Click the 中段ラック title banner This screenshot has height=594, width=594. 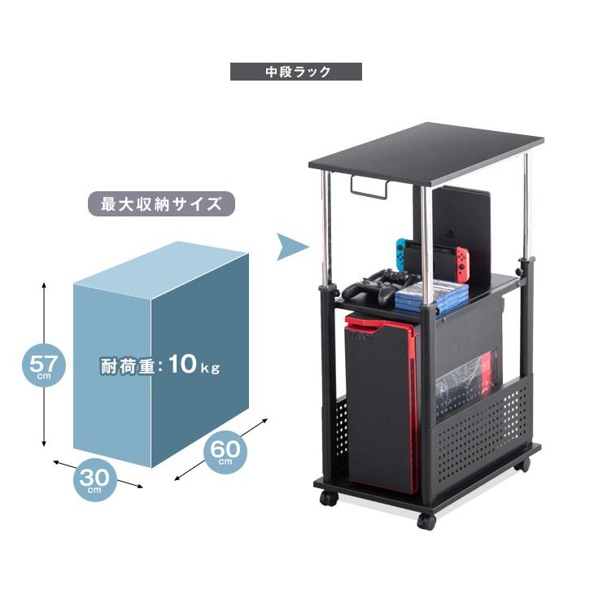(x=296, y=72)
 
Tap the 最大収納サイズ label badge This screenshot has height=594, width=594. (x=161, y=203)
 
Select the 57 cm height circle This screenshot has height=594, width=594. (x=44, y=365)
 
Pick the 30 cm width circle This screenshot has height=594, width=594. (x=94, y=479)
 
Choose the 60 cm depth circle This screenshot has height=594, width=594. (x=225, y=452)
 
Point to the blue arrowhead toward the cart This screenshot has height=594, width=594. (x=292, y=247)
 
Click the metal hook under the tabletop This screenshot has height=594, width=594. (x=369, y=187)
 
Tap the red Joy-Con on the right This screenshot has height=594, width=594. (x=462, y=264)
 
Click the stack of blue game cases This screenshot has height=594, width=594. (x=432, y=295)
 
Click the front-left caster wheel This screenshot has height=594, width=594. (x=328, y=498)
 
